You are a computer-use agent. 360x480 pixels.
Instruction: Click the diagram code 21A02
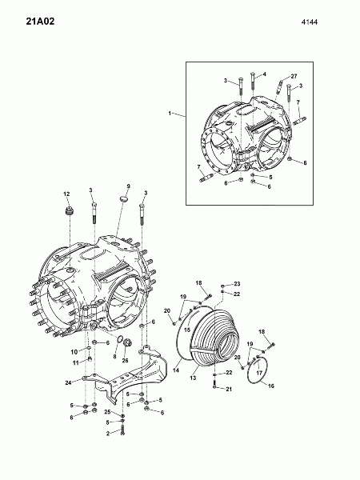[40, 22]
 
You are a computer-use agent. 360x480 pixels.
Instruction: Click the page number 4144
[309, 22]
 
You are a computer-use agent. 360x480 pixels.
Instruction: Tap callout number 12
[66, 194]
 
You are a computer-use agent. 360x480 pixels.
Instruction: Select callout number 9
[129, 186]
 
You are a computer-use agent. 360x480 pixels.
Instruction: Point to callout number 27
[294, 76]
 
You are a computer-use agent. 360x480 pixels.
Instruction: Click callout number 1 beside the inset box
[170, 114]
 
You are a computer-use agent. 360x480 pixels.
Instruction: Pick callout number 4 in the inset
[265, 74]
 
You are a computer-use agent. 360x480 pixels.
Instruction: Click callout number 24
[68, 382]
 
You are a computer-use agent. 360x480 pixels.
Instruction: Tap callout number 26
[126, 360]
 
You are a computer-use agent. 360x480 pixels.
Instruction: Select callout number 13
[193, 378]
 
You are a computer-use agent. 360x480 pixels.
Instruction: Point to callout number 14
[176, 370]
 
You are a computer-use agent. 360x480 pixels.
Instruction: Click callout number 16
[271, 386]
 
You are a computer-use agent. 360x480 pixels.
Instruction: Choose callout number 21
[229, 389]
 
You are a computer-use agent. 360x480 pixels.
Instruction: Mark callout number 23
[237, 284]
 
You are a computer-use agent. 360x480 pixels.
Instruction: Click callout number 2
[108, 434]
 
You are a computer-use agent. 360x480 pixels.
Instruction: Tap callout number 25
[107, 412]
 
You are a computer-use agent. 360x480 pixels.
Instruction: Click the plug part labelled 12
[69, 211]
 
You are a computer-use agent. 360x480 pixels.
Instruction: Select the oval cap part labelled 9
[123, 198]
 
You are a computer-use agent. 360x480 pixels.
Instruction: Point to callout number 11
[76, 363]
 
